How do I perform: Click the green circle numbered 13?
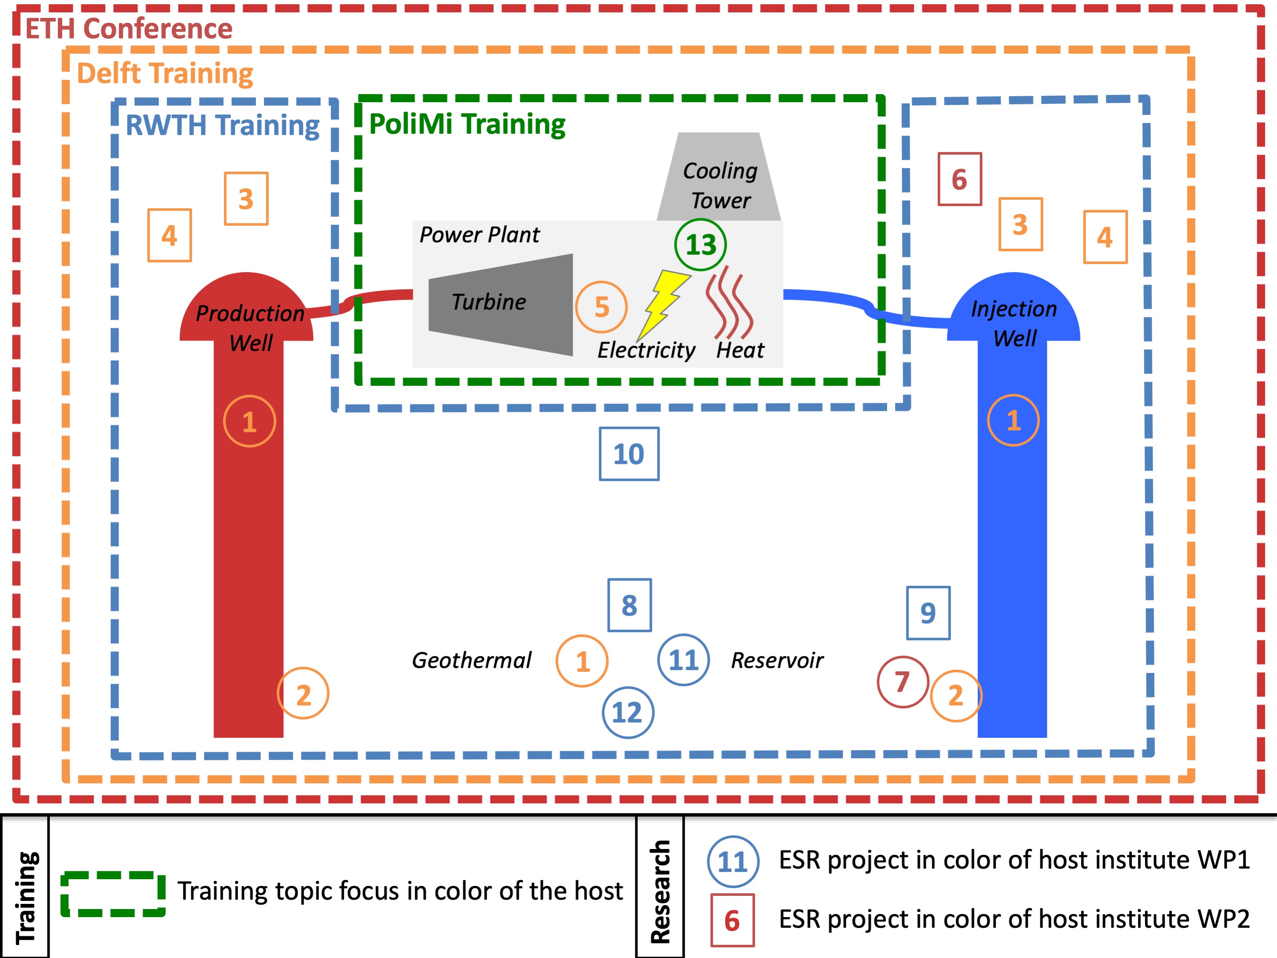pyautogui.click(x=700, y=245)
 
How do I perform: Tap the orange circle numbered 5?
pyautogui.click(x=601, y=307)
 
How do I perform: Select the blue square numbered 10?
pyautogui.click(x=628, y=454)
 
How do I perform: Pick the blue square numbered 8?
pyautogui.click(x=629, y=605)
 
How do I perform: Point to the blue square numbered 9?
pyautogui.click(x=928, y=613)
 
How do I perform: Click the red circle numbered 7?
pyautogui.click(x=902, y=682)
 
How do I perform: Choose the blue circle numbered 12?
pyautogui.click(x=628, y=713)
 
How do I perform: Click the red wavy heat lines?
pyautogui.click(x=729, y=303)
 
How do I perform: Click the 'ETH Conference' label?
pyautogui.click(x=129, y=29)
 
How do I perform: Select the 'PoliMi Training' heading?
pyautogui.click(x=467, y=124)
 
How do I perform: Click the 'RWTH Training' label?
pyautogui.click(x=222, y=125)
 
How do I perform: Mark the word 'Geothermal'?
pyautogui.click(x=471, y=660)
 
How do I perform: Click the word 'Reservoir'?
pyautogui.click(x=777, y=660)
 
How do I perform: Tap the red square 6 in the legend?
pyautogui.click(x=732, y=921)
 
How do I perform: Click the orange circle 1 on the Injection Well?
pyautogui.click(x=1013, y=420)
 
